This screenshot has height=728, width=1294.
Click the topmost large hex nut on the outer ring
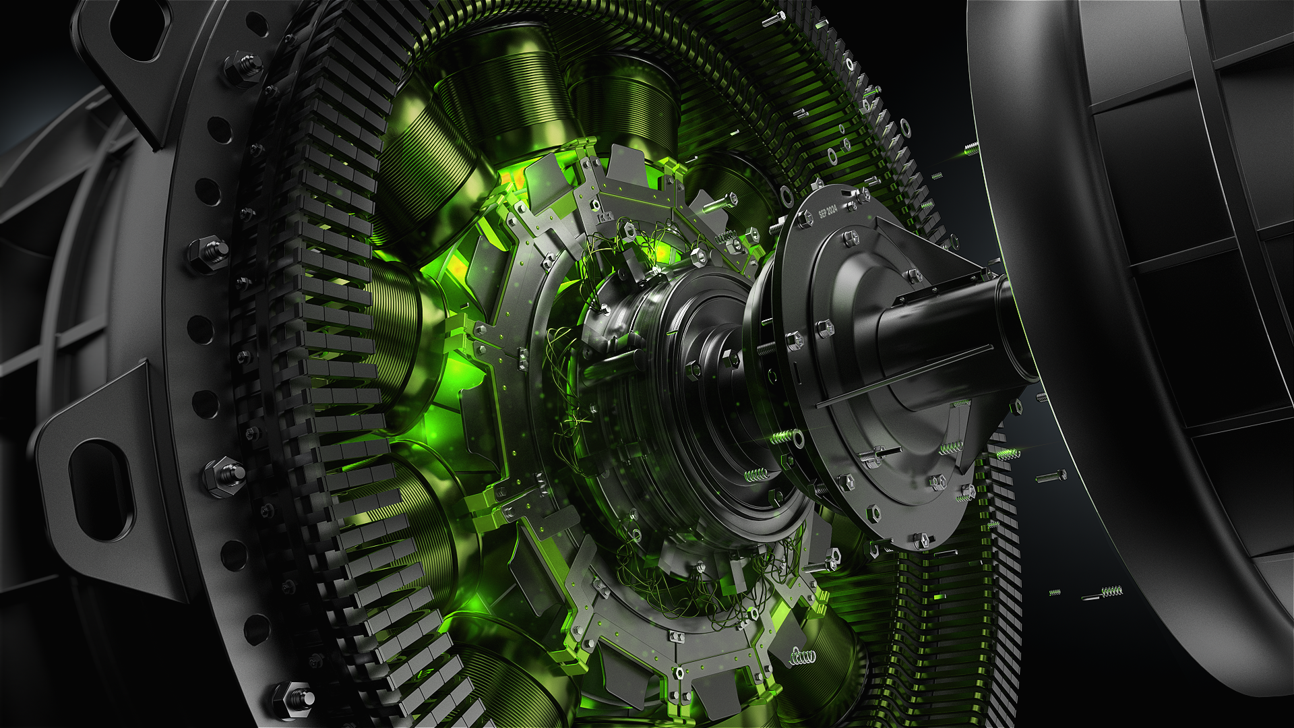click(x=243, y=68)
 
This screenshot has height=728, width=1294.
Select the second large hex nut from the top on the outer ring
click(x=209, y=253)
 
